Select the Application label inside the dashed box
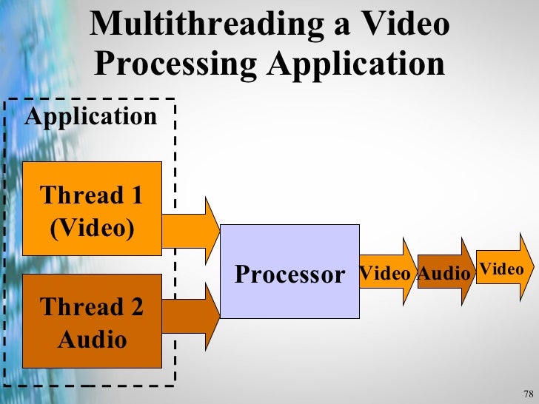pos(91,116)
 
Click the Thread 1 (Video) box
pos(92,208)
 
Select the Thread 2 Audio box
pos(92,321)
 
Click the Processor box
pos(289,271)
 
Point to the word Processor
pos(289,275)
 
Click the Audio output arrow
pos(445,273)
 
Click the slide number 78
pos(527,392)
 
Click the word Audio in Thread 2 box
pos(92,340)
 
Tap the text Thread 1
pos(92,196)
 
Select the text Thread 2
pos(92,306)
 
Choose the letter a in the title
pos(339,24)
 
